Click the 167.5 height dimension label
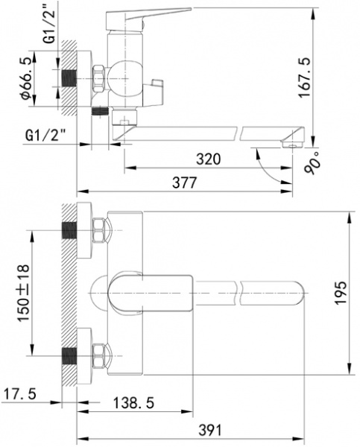[304, 77]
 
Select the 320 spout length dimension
[209, 159]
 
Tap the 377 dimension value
[185, 183]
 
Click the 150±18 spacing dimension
[23, 294]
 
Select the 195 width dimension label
[341, 293]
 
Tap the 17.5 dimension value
[19, 394]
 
